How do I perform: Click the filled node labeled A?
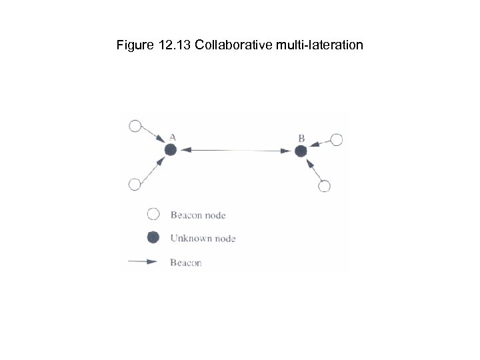171,151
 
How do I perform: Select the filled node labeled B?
301,151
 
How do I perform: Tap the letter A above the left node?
172,137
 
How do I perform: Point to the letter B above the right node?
301,138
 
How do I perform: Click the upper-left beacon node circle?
135,126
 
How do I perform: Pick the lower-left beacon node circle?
135,185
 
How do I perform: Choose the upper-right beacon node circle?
337,139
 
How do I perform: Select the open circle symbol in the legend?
153,215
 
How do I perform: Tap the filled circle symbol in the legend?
153,237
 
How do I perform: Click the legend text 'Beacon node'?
198,215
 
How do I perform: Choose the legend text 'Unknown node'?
203,237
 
